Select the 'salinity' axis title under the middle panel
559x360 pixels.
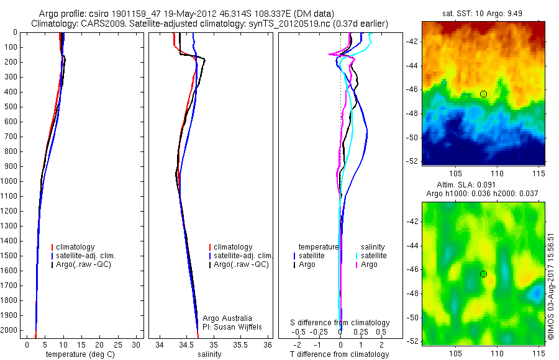[208, 354]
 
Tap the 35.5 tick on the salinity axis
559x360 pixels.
[242, 344]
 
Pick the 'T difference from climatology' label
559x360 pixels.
[340, 354]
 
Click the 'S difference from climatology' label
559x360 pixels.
[340, 323]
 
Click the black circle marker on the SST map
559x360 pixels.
[483, 94]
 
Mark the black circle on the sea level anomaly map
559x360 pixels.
[483, 274]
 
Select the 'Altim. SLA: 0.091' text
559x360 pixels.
[483, 185]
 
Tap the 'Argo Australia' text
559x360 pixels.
[227, 318]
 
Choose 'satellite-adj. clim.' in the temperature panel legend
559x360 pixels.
[86, 256]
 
